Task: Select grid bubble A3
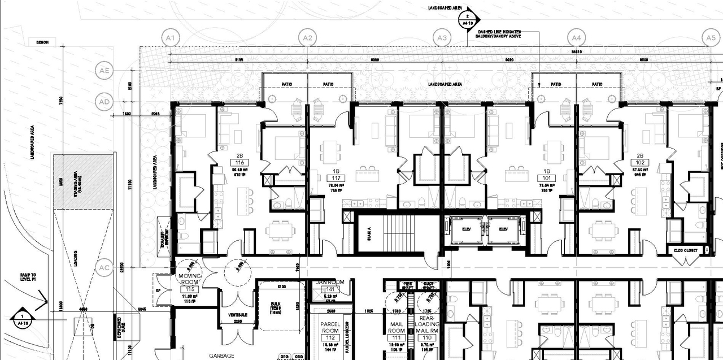pyautogui.click(x=442, y=38)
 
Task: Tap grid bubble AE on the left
pyautogui.click(x=104, y=71)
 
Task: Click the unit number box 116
pyautogui.click(x=239, y=163)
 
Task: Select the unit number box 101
pyautogui.click(x=546, y=178)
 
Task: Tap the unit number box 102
pyautogui.click(x=640, y=163)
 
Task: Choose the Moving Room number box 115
pyautogui.click(x=190, y=289)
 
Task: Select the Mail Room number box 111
pyautogui.click(x=396, y=337)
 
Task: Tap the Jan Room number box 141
pyautogui.click(x=330, y=289)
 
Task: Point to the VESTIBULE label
pyautogui.click(x=237, y=314)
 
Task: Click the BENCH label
pyautogui.click(x=43, y=42)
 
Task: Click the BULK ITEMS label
pyautogui.click(x=276, y=309)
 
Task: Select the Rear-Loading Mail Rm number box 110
pyautogui.click(x=427, y=337)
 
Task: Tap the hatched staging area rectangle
pyautogui.click(x=83, y=181)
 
